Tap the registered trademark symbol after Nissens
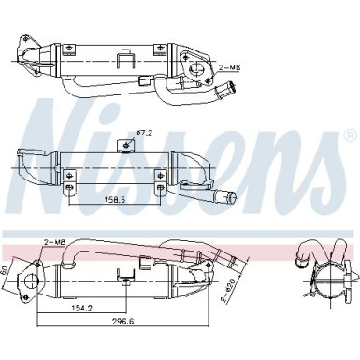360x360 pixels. (349, 135)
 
